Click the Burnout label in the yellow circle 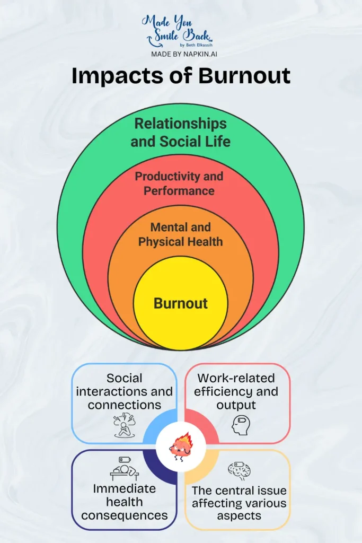point(181,303)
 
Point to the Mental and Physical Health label point(181,234)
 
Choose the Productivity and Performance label point(179,183)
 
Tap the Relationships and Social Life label point(180,133)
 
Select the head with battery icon point(240,425)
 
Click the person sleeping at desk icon point(124,469)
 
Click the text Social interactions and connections point(124,392)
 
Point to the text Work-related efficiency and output point(236,392)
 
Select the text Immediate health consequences point(125,502)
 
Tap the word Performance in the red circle point(179,190)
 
